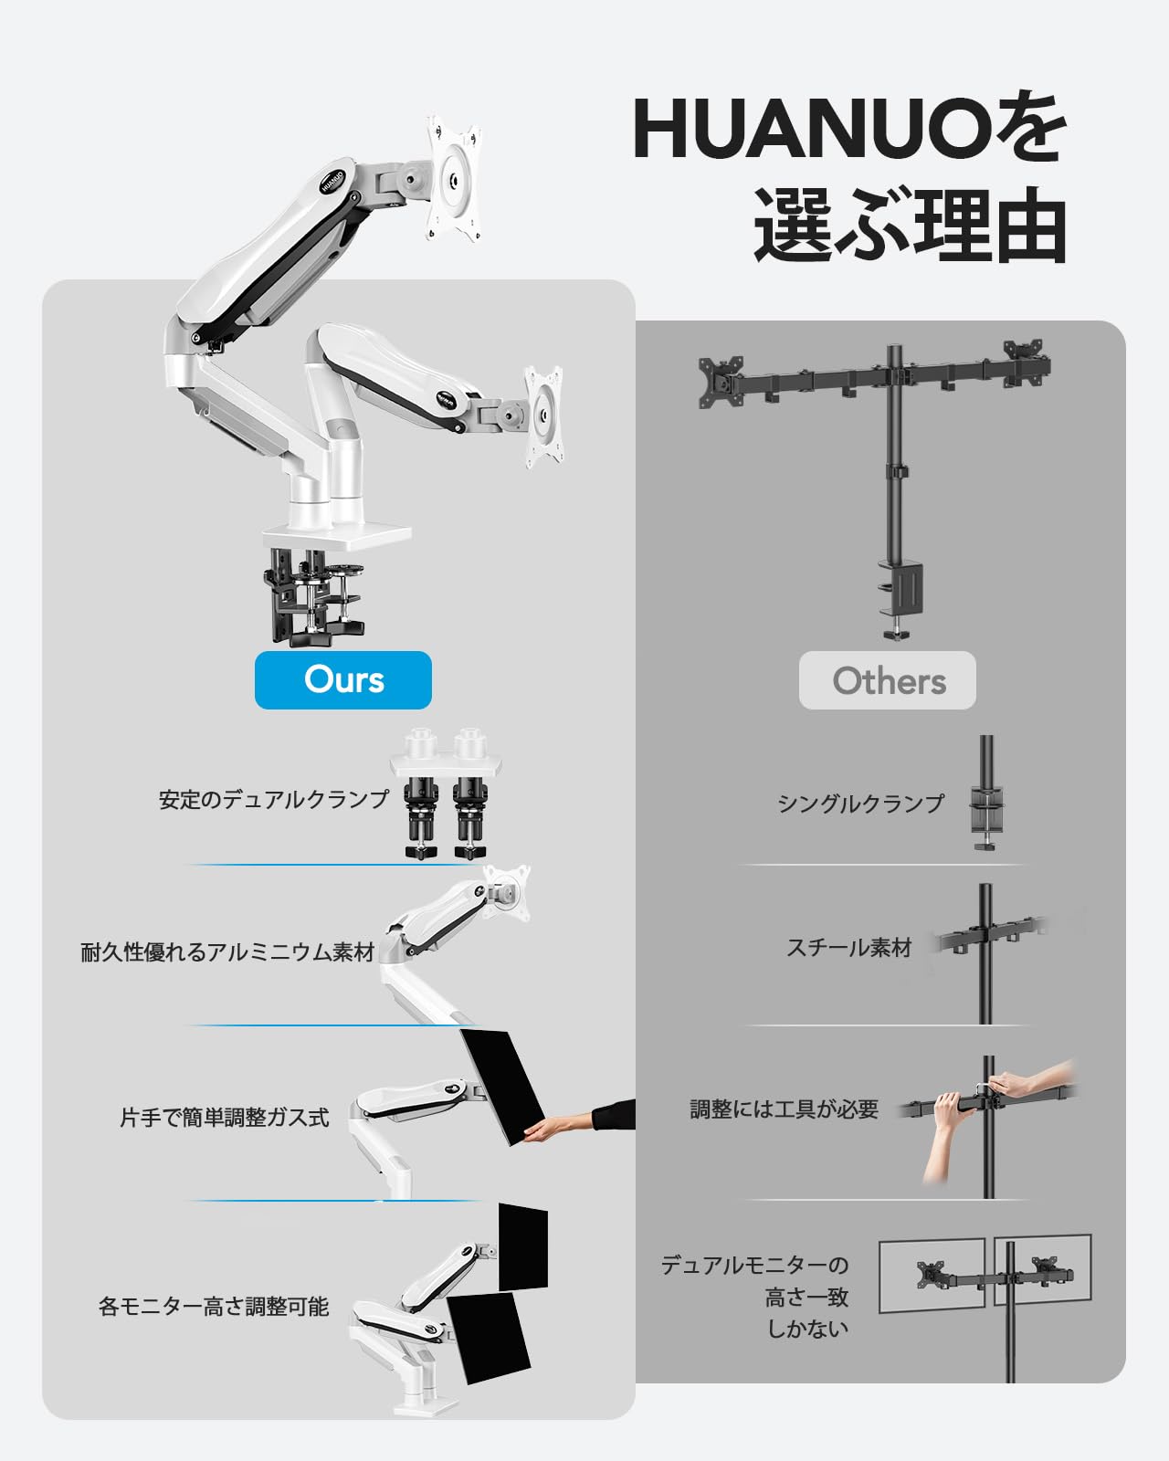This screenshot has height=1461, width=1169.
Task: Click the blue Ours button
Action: click(343, 680)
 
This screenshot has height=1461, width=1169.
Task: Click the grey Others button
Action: click(887, 680)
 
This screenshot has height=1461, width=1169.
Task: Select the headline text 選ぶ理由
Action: click(911, 226)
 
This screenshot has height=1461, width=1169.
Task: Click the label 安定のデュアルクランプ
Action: click(274, 799)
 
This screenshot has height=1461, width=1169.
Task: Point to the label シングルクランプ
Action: click(860, 804)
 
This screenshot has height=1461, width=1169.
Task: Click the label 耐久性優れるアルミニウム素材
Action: click(227, 951)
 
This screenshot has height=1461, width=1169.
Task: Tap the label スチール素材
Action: click(849, 948)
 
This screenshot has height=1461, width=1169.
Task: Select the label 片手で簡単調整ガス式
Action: click(224, 1118)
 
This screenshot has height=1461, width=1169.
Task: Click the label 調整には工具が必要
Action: click(784, 1109)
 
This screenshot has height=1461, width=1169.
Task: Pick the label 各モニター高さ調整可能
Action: click(214, 1306)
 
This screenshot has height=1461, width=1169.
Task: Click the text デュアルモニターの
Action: click(754, 1265)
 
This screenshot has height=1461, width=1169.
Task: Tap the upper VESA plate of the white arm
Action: click(454, 179)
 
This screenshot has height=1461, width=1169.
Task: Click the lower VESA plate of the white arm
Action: click(544, 416)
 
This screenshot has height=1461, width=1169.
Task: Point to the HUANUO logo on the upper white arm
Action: click(332, 181)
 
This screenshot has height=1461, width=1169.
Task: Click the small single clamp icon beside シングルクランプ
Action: click(986, 793)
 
